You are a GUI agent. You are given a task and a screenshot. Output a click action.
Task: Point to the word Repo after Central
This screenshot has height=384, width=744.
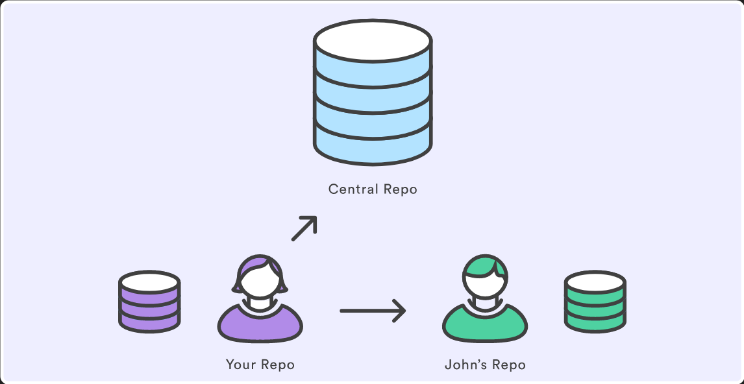[399, 190]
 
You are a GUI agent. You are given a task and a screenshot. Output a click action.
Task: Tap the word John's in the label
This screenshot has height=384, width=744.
[465, 365]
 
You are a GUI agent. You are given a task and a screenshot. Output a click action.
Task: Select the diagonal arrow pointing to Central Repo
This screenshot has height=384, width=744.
[304, 228]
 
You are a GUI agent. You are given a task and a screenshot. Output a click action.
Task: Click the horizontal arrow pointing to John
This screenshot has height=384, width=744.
[373, 311]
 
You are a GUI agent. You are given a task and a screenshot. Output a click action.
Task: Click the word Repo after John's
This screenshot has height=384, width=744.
[508, 365]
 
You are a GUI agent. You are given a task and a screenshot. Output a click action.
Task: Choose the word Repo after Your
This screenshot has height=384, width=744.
[278, 365]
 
